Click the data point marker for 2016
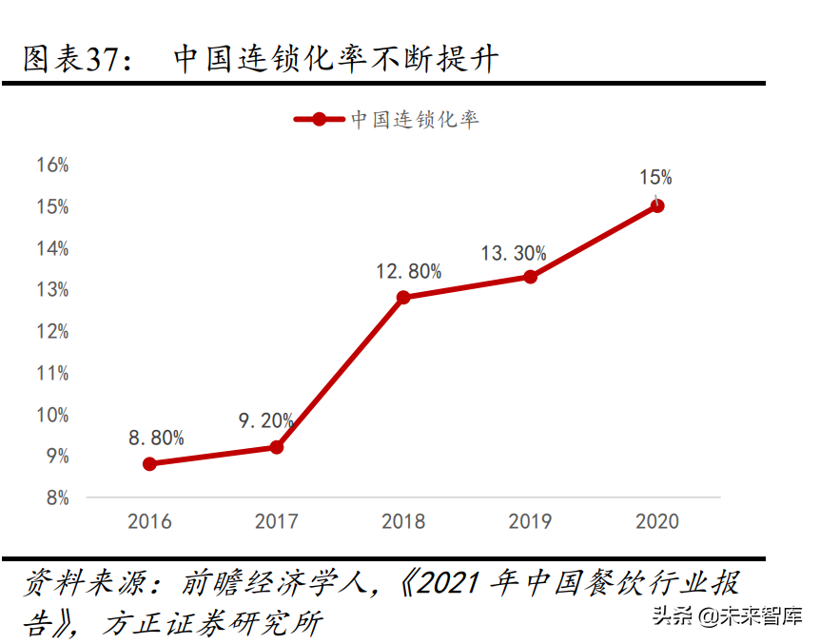tap(149, 463)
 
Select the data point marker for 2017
tap(277, 447)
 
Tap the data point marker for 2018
tap(403, 298)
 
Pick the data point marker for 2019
tap(531, 277)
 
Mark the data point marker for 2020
tap(657, 205)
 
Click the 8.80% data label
tap(156, 438)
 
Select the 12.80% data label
tap(408, 271)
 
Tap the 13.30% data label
tap(514, 253)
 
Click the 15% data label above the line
tap(655, 177)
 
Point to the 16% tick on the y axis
tap(52, 165)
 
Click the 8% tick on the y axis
tap(56, 498)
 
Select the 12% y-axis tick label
tap(52, 331)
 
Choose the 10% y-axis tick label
tap(52, 415)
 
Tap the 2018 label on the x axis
tap(403, 521)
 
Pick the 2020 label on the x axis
tap(657, 521)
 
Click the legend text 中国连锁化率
tap(415, 119)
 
